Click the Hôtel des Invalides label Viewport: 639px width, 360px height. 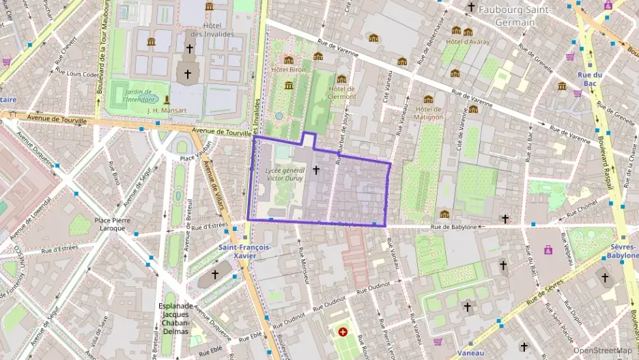[x=212, y=29]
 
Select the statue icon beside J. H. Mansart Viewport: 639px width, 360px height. [x=166, y=100]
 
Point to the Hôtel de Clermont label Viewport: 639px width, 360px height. [x=342, y=92]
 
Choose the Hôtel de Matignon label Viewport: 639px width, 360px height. [x=429, y=112]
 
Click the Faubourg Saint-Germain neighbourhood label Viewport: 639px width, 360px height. [x=516, y=14]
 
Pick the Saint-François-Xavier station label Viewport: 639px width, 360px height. [x=244, y=251]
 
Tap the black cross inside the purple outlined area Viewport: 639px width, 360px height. [x=315, y=169]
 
